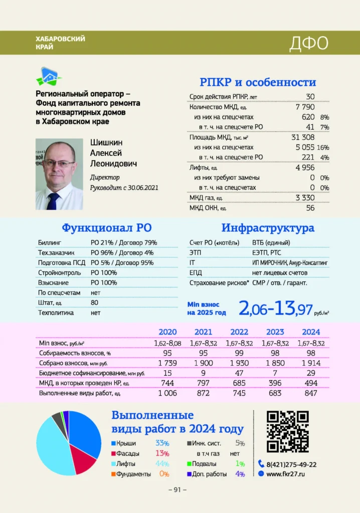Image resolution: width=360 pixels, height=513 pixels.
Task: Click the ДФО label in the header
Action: click(x=308, y=44)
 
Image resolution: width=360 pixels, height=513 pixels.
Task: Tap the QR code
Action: click(x=287, y=431)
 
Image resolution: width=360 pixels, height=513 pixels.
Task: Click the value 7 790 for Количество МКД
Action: click(x=305, y=107)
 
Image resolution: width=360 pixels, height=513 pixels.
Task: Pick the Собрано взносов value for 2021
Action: click(x=204, y=363)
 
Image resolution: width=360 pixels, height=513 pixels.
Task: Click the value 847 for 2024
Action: click(x=311, y=393)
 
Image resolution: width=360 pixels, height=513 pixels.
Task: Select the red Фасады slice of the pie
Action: click(x=83, y=462)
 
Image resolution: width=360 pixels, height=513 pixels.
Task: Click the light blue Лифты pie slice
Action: click(x=48, y=446)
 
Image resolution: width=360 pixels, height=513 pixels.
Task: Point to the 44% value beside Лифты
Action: click(x=162, y=463)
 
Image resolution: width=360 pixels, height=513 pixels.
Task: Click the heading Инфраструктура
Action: click(x=268, y=228)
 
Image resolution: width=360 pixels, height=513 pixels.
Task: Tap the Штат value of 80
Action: click(x=94, y=303)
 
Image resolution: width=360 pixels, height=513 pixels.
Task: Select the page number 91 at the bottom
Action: click(x=177, y=490)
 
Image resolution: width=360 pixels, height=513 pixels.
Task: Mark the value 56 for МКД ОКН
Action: click(x=310, y=207)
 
